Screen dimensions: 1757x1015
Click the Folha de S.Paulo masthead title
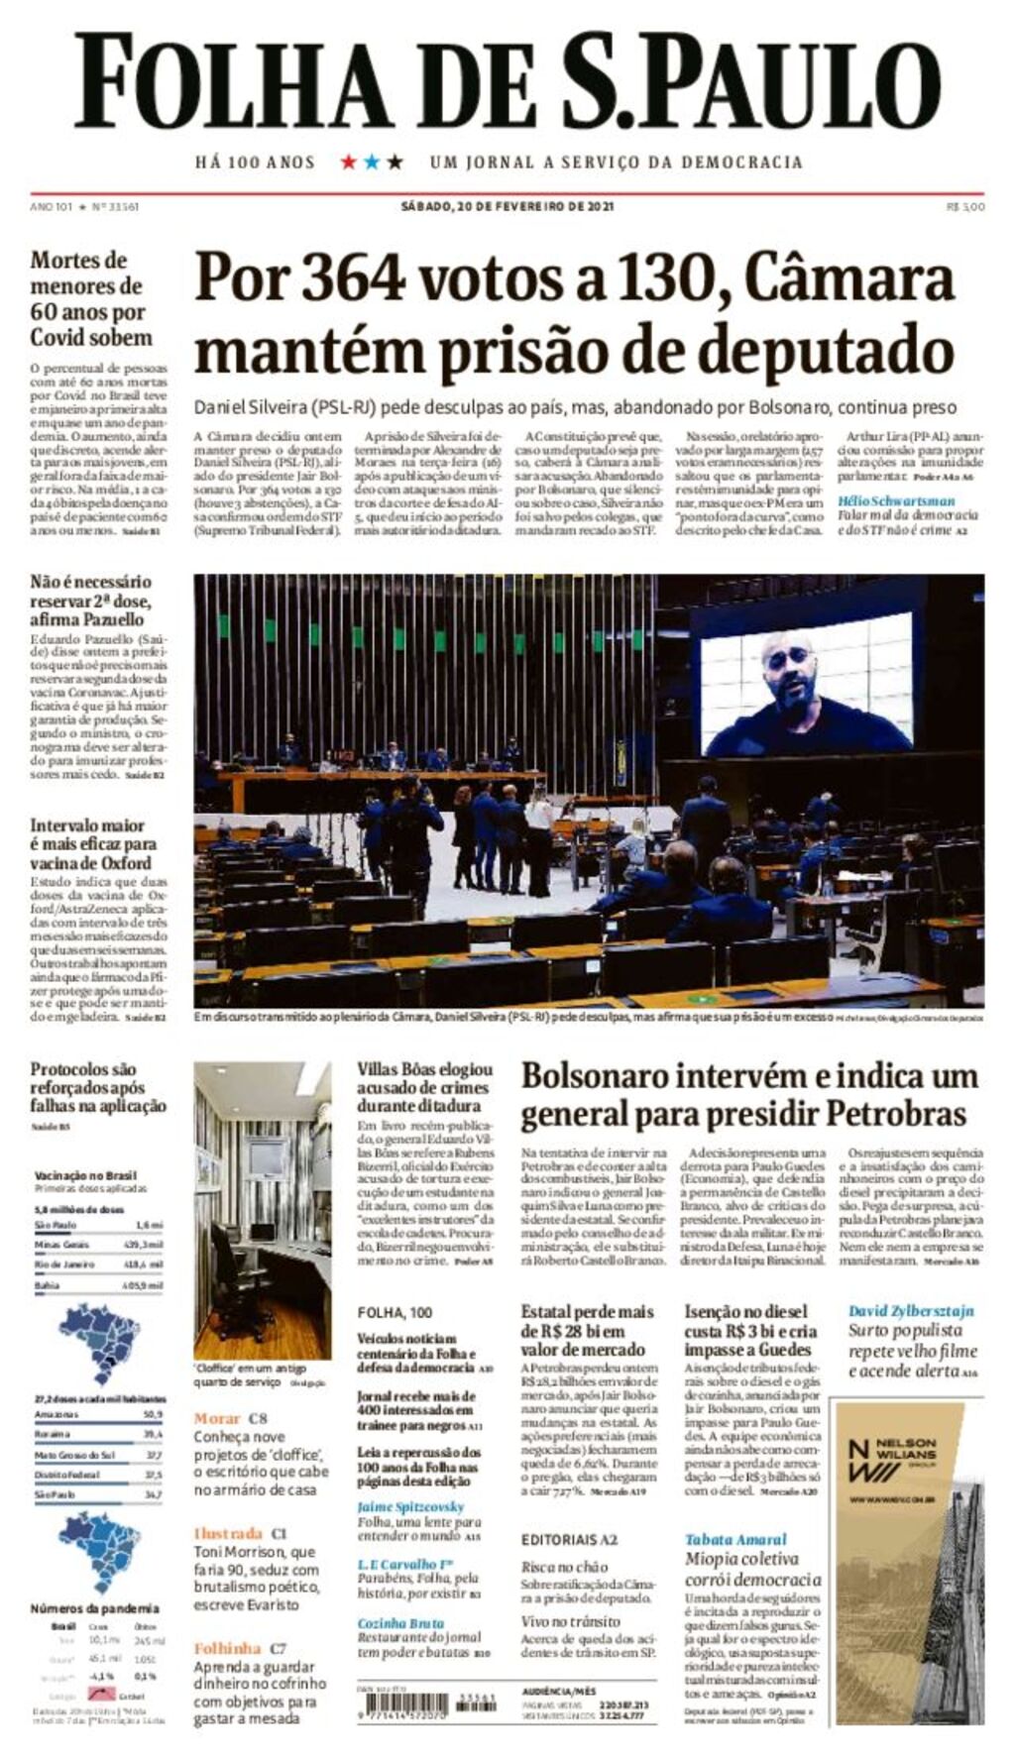[x=507, y=81]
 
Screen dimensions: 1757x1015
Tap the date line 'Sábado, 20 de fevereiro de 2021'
[x=507, y=206]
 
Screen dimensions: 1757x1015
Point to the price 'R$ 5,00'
[x=964, y=206]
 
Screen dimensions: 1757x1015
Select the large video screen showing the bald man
[x=806, y=684]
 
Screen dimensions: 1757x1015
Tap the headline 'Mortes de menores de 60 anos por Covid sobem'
[x=90, y=298]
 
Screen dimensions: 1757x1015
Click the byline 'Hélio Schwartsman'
[x=896, y=500]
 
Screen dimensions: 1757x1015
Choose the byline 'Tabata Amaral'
[x=735, y=1539]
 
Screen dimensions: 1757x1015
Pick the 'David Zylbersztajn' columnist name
[x=910, y=1310]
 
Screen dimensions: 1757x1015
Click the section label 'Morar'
[x=217, y=1418]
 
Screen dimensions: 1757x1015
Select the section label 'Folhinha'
[x=227, y=1648]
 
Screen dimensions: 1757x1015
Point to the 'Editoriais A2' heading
[x=569, y=1539]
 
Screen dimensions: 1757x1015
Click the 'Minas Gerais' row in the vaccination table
[x=98, y=1244]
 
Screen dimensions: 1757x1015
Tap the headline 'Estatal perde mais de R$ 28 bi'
[x=588, y=1330]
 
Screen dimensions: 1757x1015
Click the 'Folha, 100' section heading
[x=395, y=1312]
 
